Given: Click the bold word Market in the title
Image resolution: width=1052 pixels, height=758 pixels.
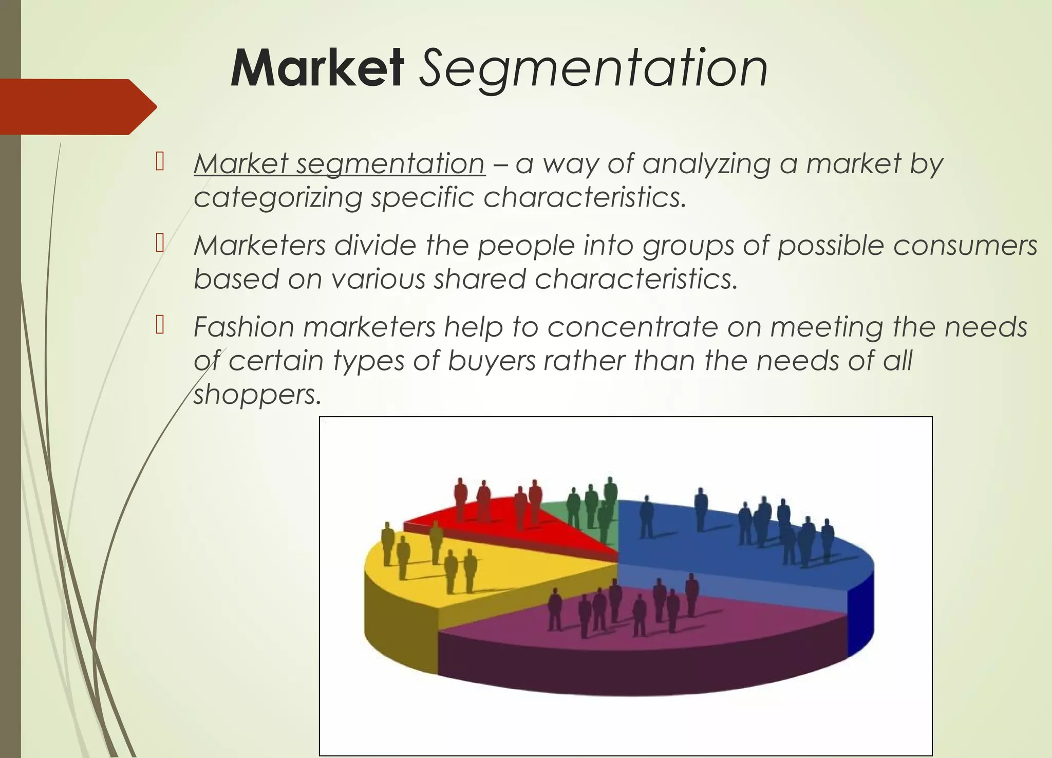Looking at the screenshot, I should (x=317, y=68).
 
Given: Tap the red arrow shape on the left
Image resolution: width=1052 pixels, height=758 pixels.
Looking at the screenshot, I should (x=77, y=107).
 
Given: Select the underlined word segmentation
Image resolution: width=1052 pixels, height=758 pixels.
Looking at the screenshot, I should (x=390, y=164).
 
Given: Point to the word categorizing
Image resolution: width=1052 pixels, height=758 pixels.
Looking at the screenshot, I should (x=278, y=198).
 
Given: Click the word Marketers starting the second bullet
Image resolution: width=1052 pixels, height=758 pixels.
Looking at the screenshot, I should (x=260, y=245).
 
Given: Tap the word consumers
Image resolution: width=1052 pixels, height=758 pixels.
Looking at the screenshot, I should (x=965, y=245).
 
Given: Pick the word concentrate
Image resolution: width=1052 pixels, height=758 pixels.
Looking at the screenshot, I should (x=632, y=327).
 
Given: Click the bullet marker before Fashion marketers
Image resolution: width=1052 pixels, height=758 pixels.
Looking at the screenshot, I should (x=159, y=325).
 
